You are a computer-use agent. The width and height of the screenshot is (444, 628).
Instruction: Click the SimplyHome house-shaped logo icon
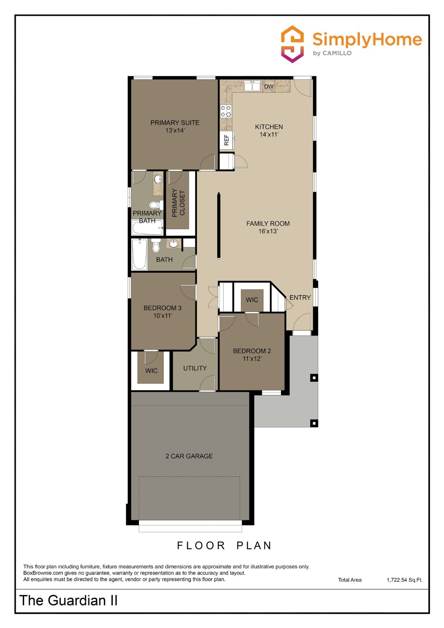[292, 44]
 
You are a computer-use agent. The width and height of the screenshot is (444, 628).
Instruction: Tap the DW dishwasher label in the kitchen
[269, 87]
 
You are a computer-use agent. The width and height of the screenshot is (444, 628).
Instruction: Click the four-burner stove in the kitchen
[226, 111]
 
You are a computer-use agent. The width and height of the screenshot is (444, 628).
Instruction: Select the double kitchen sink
[252, 86]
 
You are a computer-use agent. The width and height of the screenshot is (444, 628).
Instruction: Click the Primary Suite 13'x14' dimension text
[175, 130]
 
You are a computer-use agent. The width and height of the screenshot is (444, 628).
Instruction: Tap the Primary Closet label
[179, 203]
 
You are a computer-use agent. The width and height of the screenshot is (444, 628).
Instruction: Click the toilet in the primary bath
[155, 205]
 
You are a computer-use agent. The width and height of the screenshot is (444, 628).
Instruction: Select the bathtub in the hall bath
[139, 254]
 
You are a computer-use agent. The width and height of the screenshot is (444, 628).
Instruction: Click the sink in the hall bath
[173, 244]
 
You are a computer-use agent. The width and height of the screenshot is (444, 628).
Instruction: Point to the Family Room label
[268, 224]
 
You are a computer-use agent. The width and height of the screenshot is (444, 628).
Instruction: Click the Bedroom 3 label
[162, 308]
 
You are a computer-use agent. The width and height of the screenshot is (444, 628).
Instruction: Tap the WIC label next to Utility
[151, 371]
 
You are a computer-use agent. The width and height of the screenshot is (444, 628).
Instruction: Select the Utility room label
[195, 368]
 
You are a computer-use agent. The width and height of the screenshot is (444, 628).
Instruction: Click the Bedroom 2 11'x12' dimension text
[252, 359]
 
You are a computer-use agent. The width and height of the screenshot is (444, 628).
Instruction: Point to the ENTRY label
[300, 298]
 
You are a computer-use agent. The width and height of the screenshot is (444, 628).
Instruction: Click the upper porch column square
[314, 378]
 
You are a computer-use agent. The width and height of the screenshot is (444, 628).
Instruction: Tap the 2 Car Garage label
[189, 456]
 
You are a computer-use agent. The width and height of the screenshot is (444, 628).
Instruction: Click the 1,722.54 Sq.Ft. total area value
[404, 580]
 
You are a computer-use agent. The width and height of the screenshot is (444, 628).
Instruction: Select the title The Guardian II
[68, 600]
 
